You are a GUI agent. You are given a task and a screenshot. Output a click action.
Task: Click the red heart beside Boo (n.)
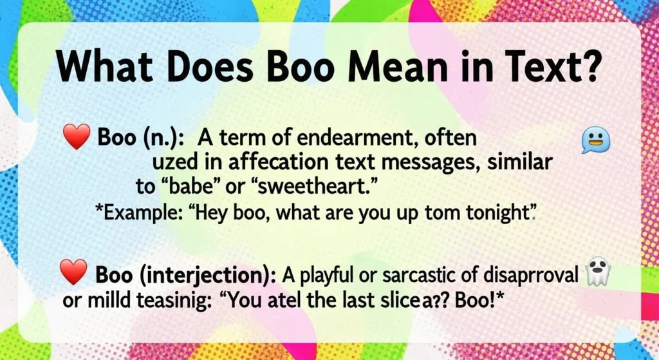pyautogui.click(x=77, y=138)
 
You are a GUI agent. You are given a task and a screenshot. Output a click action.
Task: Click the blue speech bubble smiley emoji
pyautogui.click(x=594, y=140)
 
